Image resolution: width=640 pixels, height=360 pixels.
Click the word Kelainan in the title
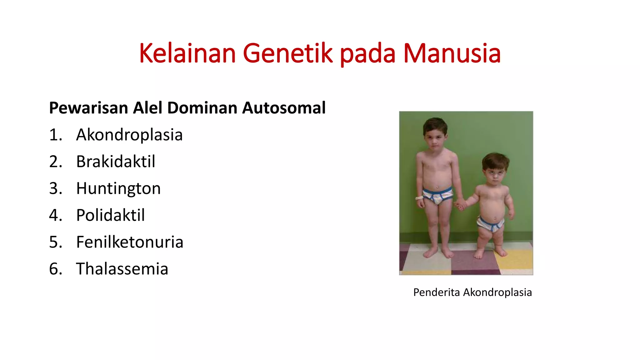click(187, 53)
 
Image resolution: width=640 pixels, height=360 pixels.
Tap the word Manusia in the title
click(452, 53)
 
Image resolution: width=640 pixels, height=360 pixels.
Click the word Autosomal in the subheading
click(284, 108)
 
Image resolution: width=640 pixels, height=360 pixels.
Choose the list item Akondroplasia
click(129, 135)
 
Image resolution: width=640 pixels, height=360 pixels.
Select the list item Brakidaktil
click(116, 162)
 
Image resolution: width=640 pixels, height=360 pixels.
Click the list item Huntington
click(118, 188)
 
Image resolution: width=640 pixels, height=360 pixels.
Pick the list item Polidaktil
click(110, 215)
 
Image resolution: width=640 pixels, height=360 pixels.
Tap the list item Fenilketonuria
click(130, 242)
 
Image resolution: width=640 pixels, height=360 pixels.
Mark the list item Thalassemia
click(122, 269)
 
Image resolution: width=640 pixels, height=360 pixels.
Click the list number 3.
click(55, 188)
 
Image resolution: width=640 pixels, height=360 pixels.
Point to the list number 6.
click(55, 269)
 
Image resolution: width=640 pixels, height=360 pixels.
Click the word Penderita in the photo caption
click(436, 292)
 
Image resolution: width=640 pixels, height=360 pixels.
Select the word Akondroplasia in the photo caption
click(497, 292)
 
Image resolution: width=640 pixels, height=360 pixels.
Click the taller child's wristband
click(419, 198)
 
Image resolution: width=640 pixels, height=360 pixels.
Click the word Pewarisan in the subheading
click(89, 108)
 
